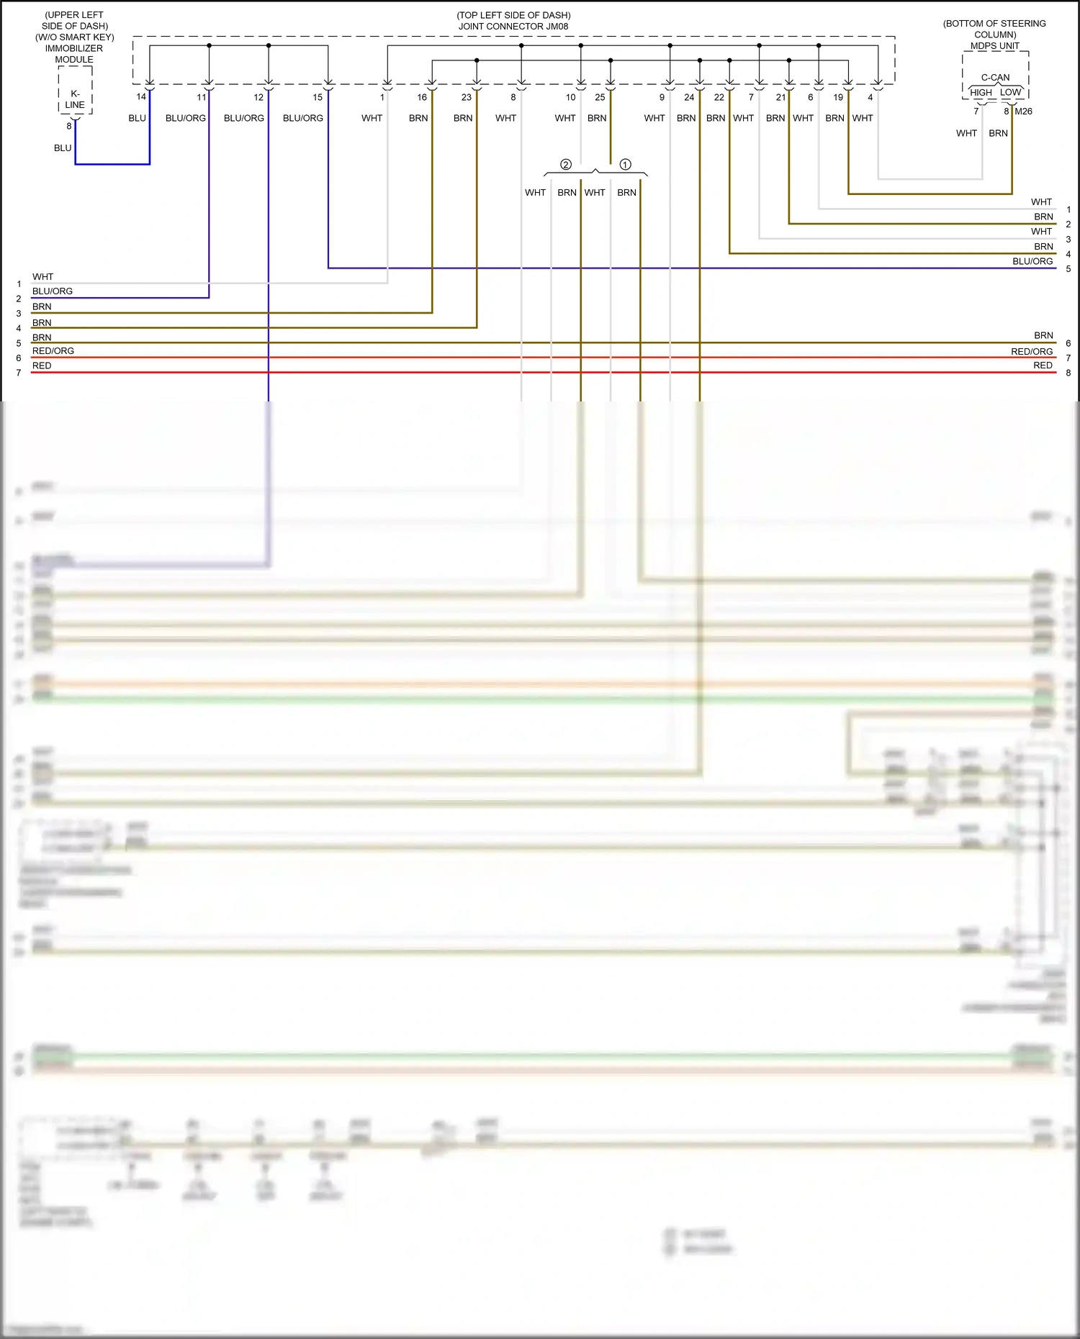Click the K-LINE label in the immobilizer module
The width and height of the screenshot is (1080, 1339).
[x=75, y=99]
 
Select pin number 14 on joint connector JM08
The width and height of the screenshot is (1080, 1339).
[x=141, y=97]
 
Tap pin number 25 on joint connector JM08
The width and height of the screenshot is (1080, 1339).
[x=600, y=97]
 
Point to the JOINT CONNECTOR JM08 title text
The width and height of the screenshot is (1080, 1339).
[x=513, y=27]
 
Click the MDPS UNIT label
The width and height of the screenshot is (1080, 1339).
[x=995, y=46]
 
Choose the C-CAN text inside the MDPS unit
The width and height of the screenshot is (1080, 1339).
[x=995, y=78]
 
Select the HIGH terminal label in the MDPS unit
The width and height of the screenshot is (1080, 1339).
[x=981, y=93]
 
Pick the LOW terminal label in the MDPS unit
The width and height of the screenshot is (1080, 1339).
[x=1010, y=93]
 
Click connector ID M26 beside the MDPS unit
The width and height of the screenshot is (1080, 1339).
[x=1024, y=112]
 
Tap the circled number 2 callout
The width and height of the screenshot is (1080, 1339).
[x=566, y=165]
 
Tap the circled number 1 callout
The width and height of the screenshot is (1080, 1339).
[x=625, y=165]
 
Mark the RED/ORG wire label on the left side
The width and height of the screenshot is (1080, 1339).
[x=53, y=351]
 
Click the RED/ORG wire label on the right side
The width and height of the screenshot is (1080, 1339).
[x=1032, y=352]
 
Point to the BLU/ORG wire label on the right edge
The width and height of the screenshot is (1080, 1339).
[x=1032, y=261]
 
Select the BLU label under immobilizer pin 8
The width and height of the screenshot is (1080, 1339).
[x=63, y=148]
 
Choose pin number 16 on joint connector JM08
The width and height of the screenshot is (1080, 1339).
[x=422, y=97]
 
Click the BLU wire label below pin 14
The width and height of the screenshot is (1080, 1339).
[x=137, y=118]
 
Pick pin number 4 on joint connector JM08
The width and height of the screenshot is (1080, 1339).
[x=870, y=97]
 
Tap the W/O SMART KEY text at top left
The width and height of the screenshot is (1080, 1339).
[x=75, y=37]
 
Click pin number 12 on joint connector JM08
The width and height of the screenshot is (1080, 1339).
[x=258, y=97]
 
